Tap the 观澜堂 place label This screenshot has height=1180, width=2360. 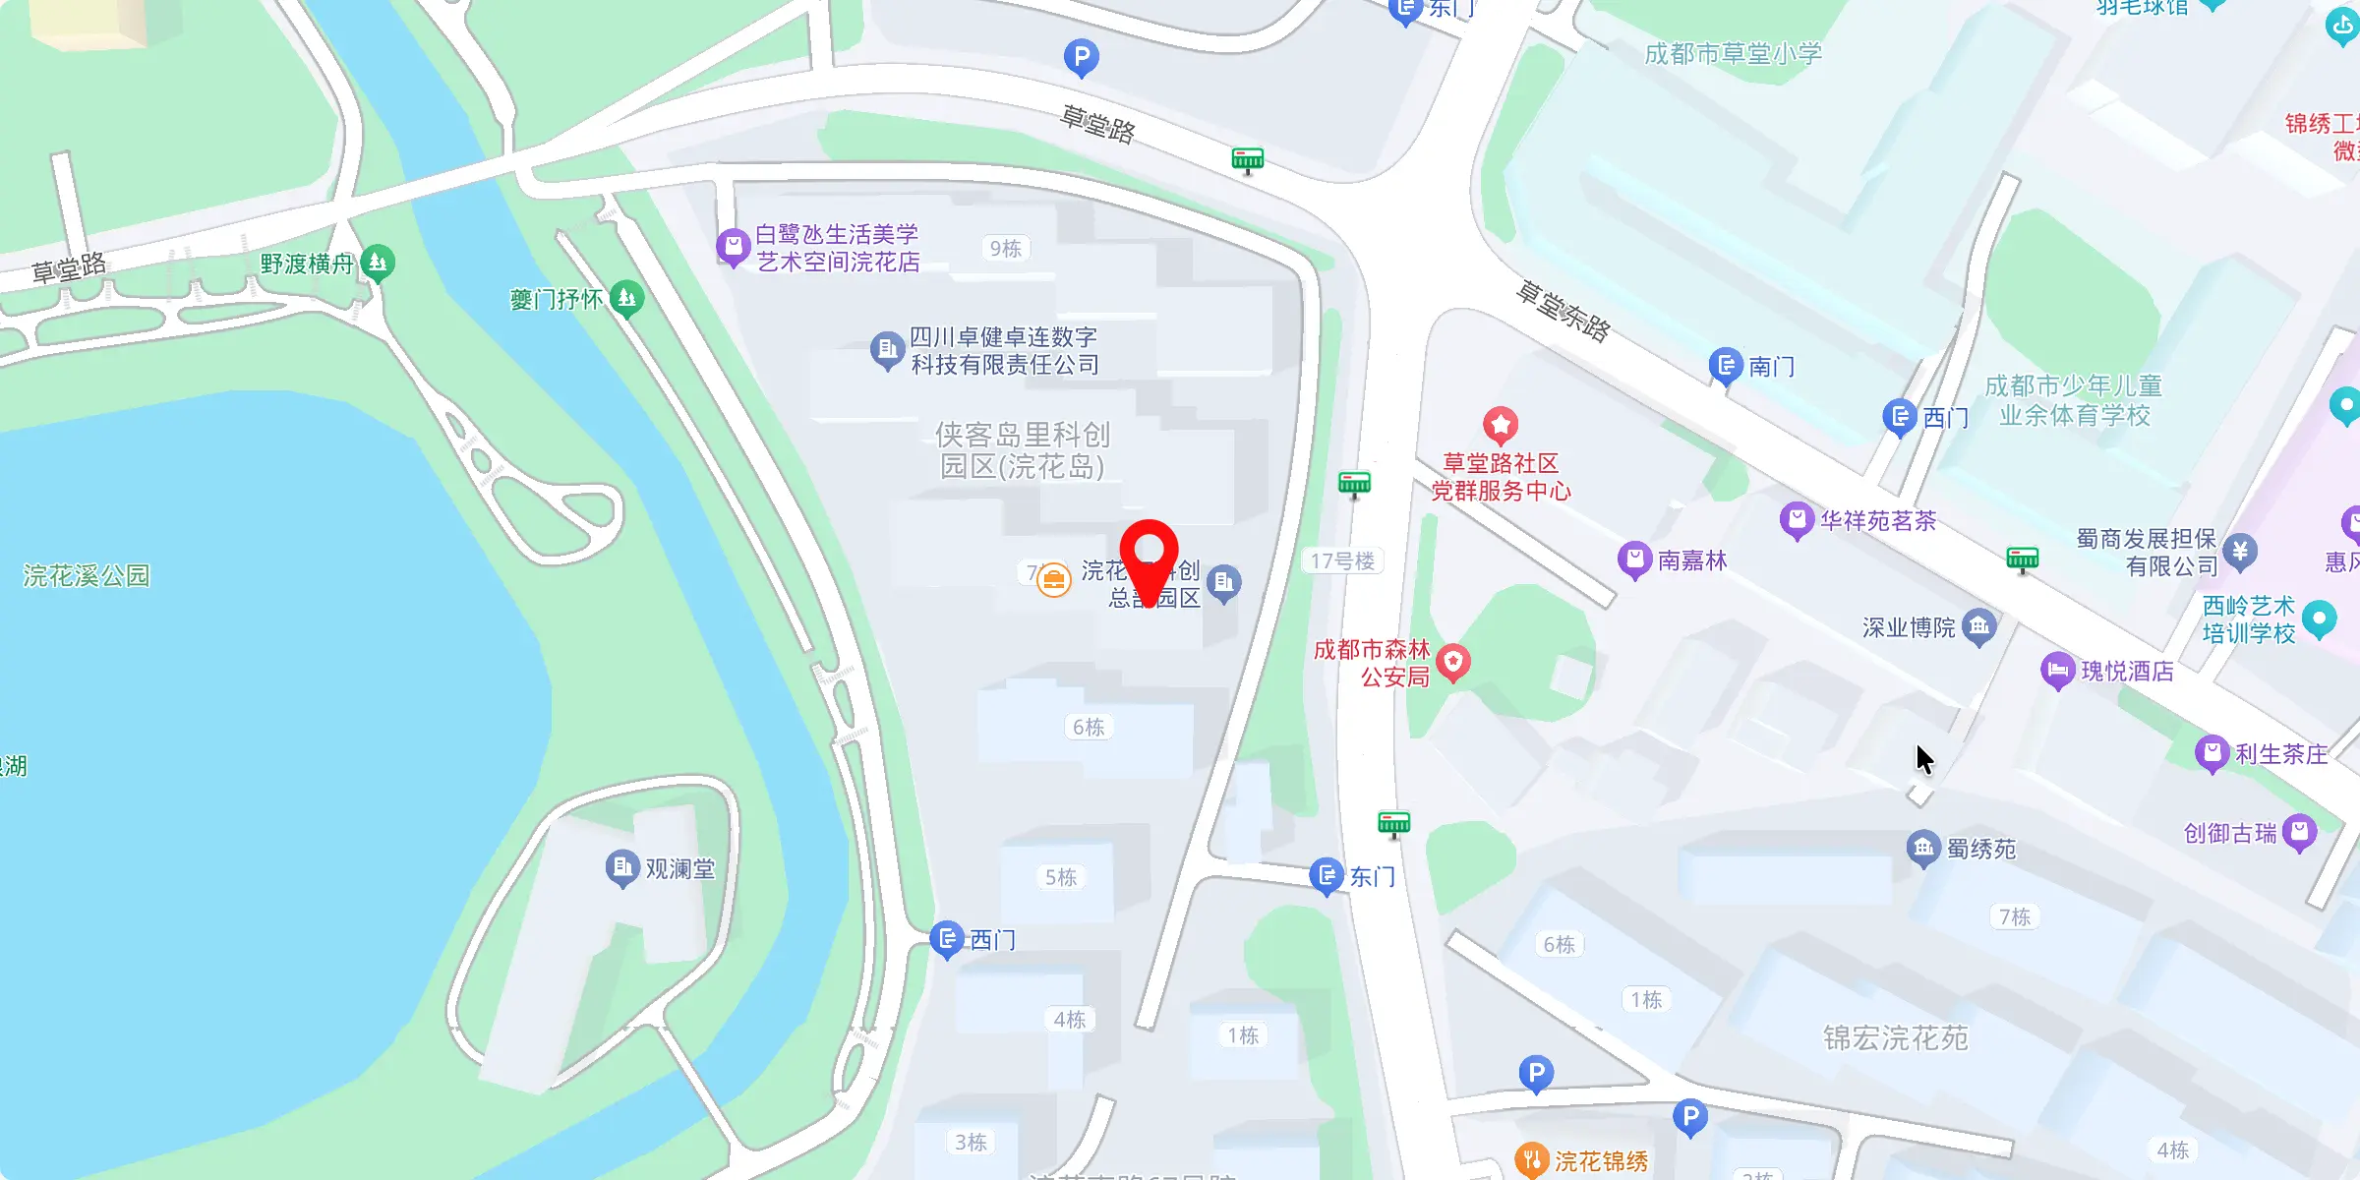679,869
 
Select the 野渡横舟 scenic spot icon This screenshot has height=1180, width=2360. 378,263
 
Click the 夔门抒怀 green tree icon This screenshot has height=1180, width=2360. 626,297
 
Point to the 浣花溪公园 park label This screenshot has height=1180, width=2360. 87,575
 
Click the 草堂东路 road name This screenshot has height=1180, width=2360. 1563,312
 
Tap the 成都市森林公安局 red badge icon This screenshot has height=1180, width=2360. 1453,662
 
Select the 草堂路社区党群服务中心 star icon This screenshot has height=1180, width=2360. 1501,425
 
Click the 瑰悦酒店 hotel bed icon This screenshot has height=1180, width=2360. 2057,671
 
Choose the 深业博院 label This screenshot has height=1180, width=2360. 1909,627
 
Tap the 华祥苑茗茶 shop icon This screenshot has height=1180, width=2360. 1797,519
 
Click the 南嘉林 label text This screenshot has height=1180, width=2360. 1692,560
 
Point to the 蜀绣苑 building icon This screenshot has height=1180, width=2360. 1923,848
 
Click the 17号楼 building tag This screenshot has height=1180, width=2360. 1342,560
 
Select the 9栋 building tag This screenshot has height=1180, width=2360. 1005,248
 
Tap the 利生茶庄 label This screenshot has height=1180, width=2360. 2281,754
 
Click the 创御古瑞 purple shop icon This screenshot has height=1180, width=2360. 2299,832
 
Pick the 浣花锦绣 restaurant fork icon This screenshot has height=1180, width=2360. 1532,1160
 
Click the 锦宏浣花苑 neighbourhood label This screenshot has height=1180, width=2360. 1896,1038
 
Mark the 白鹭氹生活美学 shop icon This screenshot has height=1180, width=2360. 733,246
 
